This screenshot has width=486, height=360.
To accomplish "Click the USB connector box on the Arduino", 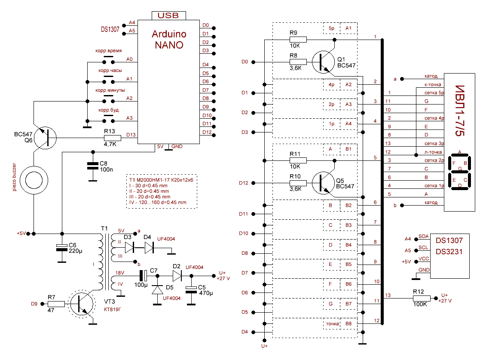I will (x=168, y=15).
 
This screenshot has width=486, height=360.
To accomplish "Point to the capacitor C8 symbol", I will (x=92, y=166).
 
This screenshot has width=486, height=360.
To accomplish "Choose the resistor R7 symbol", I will (x=56, y=304).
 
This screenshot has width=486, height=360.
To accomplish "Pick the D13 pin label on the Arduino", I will (x=131, y=135).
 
